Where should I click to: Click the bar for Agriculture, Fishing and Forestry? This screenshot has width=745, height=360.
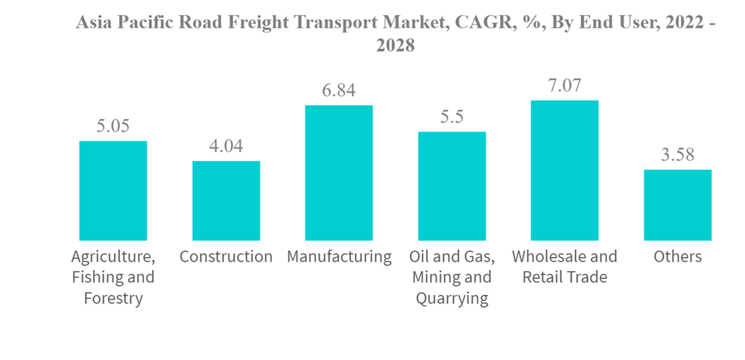(x=113, y=191)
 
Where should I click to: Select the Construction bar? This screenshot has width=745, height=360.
(x=226, y=200)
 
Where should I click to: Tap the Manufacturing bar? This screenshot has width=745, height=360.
(x=339, y=173)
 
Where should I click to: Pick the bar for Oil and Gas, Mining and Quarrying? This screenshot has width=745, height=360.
(x=451, y=186)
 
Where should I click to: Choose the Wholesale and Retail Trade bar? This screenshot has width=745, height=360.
(x=565, y=170)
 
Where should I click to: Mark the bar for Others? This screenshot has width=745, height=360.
(x=677, y=205)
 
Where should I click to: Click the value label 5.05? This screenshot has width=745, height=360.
(x=113, y=126)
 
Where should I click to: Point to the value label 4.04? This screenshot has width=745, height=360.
(x=226, y=146)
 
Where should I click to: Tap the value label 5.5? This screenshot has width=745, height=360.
(x=451, y=117)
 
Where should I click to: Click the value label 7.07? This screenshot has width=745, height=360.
(x=565, y=85)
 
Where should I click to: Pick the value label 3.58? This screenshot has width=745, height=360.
(x=677, y=155)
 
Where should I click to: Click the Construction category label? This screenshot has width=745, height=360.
(x=226, y=257)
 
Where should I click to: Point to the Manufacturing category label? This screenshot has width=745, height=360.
(x=339, y=257)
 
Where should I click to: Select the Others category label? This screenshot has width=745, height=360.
(x=677, y=257)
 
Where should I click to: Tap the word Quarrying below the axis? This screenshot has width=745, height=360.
(x=451, y=299)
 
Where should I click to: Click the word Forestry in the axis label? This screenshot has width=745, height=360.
(x=113, y=299)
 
